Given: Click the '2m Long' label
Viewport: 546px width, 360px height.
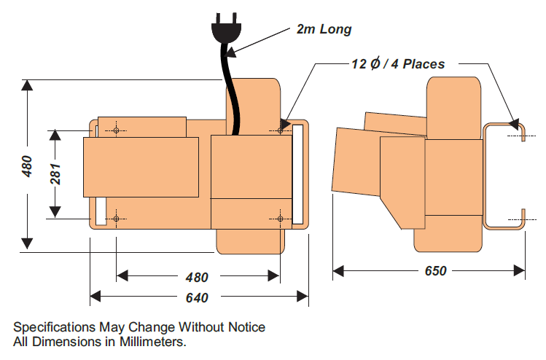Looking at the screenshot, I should tap(324, 30).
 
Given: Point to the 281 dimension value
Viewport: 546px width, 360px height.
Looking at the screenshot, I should tap(55, 174).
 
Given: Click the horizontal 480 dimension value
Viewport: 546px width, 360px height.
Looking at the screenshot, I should tap(196, 277).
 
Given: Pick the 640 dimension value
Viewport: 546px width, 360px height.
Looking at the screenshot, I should tap(197, 297).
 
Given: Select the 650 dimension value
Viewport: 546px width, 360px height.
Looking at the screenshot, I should tap(435, 271).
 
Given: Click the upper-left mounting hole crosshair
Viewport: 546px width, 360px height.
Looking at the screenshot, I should tap(116, 130).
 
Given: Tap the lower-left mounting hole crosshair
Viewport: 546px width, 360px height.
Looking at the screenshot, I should tap(116, 218).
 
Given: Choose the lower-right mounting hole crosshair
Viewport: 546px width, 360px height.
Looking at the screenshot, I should tap(281, 218).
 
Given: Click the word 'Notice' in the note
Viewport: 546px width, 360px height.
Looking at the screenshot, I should tap(246, 326).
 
